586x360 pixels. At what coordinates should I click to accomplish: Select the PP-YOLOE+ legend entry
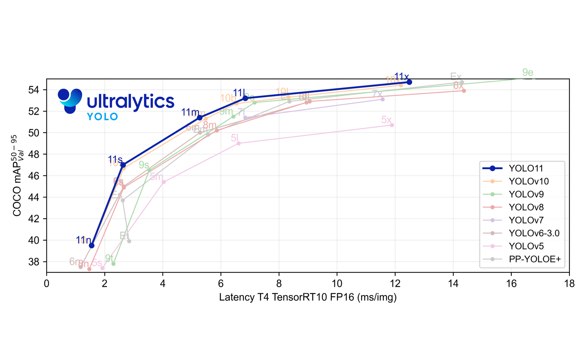534,259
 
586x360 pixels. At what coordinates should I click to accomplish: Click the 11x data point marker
409,82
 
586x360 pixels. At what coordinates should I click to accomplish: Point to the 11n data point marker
92,245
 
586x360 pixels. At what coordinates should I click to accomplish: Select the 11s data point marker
123,165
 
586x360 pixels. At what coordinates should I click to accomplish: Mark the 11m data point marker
200,118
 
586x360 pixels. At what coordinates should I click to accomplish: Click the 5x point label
386,120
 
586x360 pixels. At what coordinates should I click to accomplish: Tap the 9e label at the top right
528,73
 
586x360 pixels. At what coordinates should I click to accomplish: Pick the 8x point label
458,86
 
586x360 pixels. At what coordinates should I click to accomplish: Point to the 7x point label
377,94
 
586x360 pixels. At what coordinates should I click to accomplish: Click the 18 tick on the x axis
569,284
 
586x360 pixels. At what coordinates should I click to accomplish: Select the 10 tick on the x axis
337,284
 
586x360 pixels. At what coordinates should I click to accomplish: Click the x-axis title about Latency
308,297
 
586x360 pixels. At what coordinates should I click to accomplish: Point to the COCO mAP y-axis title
20,176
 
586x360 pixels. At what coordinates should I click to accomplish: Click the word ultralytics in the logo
130,101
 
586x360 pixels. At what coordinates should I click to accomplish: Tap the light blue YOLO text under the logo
102,117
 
